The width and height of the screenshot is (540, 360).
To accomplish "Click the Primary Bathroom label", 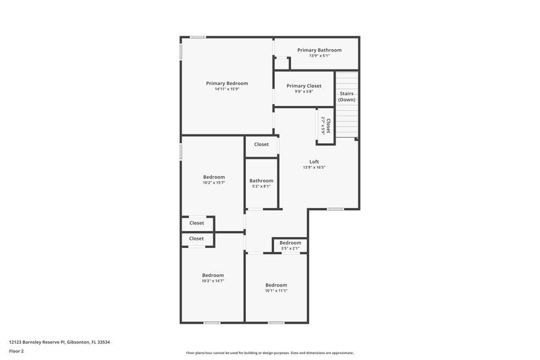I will pyautogui.click(x=319, y=50).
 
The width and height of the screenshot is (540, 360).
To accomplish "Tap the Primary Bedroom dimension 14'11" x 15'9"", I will pyautogui.click(x=227, y=88).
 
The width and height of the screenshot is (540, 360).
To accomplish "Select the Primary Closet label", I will pyautogui.click(x=304, y=86).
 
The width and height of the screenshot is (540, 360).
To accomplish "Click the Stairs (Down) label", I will pyautogui.click(x=346, y=97).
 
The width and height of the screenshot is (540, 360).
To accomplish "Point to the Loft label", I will pyautogui.click(x=314, y=161).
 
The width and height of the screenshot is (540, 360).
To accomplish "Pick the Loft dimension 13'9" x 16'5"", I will pyautogui.click(x=314, y=168).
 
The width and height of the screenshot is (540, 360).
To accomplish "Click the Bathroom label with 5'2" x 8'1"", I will pyautogui.click(x=261, y=180).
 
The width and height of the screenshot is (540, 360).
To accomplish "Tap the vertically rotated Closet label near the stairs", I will pyautogui.click(x=328, y=126).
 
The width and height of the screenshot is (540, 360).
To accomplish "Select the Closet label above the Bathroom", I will pyautogui.click(x=261, y=144).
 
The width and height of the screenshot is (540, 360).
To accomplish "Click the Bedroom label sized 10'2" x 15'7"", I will pyautogui.click(x=214, y=177).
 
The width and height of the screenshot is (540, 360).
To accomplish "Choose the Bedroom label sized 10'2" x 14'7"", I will pyautogui.click(x=213, y=275).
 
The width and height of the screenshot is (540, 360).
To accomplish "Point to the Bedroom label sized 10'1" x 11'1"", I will pyautogui.click(x=276, y=284).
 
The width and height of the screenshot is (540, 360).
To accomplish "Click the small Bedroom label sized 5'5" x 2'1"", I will pyautogui.click(x=290, y=242).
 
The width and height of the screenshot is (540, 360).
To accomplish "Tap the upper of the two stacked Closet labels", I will pyautogui.click(x=196, y=223).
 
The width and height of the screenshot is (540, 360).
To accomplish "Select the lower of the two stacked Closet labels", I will pyautogui.click(x=196, y=238).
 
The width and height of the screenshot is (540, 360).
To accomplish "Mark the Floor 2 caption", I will pyautogui.click(x=17, y=351).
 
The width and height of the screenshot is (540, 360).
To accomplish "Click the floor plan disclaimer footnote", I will pyautogui.click(x=269, y=353).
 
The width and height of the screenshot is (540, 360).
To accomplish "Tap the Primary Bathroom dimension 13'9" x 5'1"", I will pyautogui.click(x=319, y=56).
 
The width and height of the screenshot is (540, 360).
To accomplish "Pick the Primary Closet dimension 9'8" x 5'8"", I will pyautogui.click(x=304, y=92).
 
